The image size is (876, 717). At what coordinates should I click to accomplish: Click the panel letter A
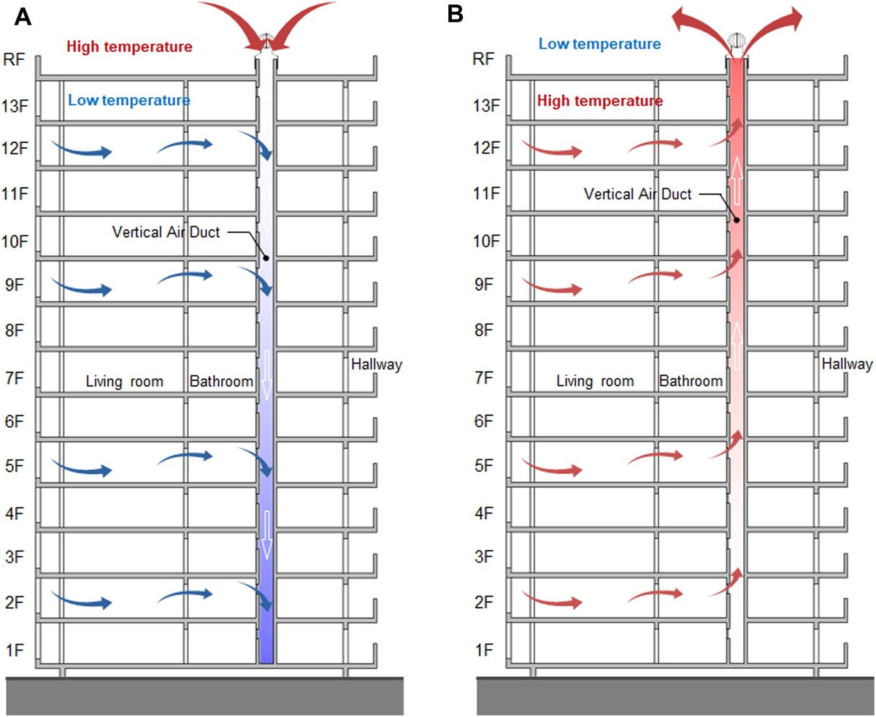click(23, 15)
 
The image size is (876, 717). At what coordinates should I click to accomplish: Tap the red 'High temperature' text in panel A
click(129, 47)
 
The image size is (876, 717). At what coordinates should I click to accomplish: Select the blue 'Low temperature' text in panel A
click(129, 100)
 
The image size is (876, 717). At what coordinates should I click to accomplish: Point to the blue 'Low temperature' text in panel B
click(600, 44)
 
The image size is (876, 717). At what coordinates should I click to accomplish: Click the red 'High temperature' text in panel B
click(600, 100)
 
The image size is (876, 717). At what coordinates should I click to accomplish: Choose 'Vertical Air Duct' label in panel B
click(637, 194)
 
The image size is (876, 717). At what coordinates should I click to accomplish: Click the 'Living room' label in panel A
click(124, 381)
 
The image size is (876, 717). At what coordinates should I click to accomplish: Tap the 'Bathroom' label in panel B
click(691, 381)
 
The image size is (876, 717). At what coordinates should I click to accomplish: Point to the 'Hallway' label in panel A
click(377, 364)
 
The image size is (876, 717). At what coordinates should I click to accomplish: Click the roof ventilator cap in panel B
click(737, 39)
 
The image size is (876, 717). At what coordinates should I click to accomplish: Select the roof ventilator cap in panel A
click(266, 39)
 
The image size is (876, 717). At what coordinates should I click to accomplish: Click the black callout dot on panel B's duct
click(737, 219)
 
